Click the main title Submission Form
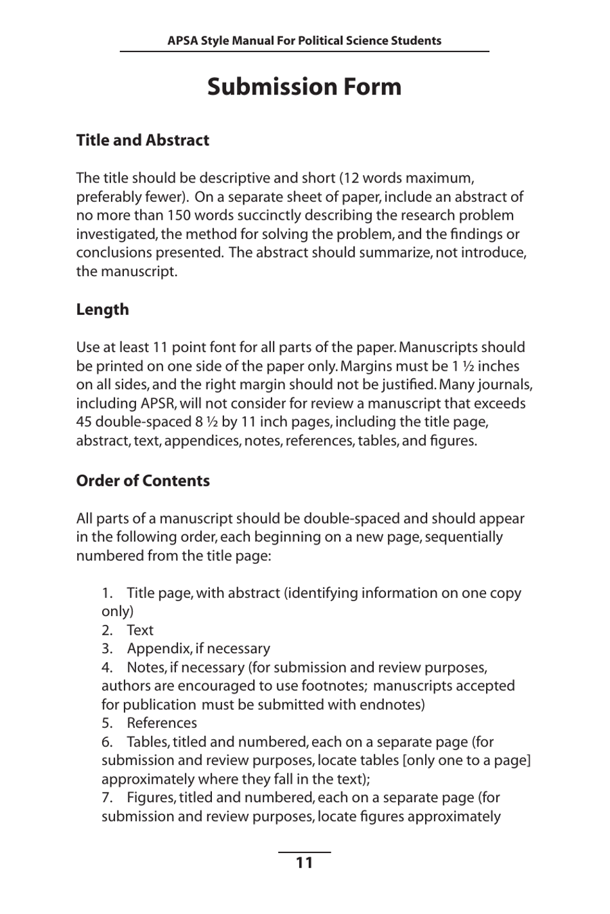[x=304, y=87]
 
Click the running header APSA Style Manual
[x=304, y=40]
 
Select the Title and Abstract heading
[x=143, y=140]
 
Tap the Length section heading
[x=102, y=309]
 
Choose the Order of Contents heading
[x=143, y=480]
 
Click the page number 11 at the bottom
[x=304, y=863]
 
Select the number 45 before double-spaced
[x=84, y=422]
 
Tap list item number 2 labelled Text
[x=139, y=630]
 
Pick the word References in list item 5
[x=162, y=723]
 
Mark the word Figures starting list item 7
[x=151, y=798]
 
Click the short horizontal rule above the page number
[x=304, y=852]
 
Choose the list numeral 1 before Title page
[x=107, y=593]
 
